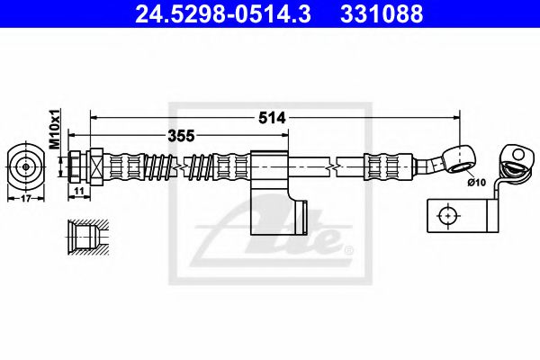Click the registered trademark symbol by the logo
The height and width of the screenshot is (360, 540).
[x=348, y=247]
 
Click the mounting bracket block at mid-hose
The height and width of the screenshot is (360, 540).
[x=268, y=166]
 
